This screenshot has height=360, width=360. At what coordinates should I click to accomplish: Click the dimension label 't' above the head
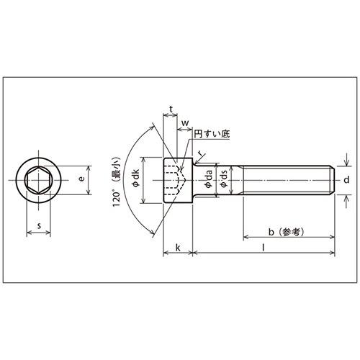[x=170, y=109]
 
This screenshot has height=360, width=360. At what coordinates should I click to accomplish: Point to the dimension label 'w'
[x=185, y=124]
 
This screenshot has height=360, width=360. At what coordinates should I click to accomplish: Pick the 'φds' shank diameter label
[x=225, y=179]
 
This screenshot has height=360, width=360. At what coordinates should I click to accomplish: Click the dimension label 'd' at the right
[x=346, y=179]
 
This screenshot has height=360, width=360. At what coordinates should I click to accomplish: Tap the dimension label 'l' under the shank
[x=264, y=247]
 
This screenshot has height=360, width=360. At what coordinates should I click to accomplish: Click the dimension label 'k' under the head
[x=178, y=247]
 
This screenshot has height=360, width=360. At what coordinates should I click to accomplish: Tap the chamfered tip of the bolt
[x=333, y=179]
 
